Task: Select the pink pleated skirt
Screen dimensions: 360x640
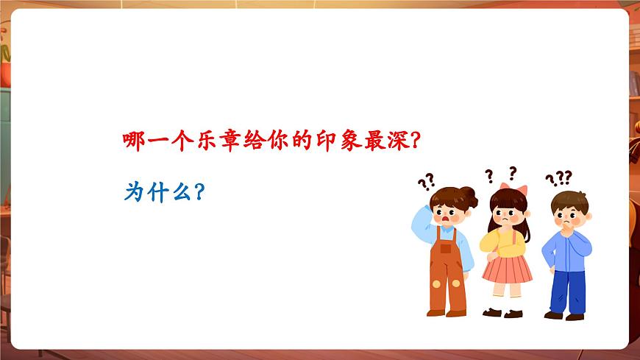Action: click(x=507, y=267)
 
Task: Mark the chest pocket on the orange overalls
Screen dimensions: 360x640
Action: click(x=446, y=249)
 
